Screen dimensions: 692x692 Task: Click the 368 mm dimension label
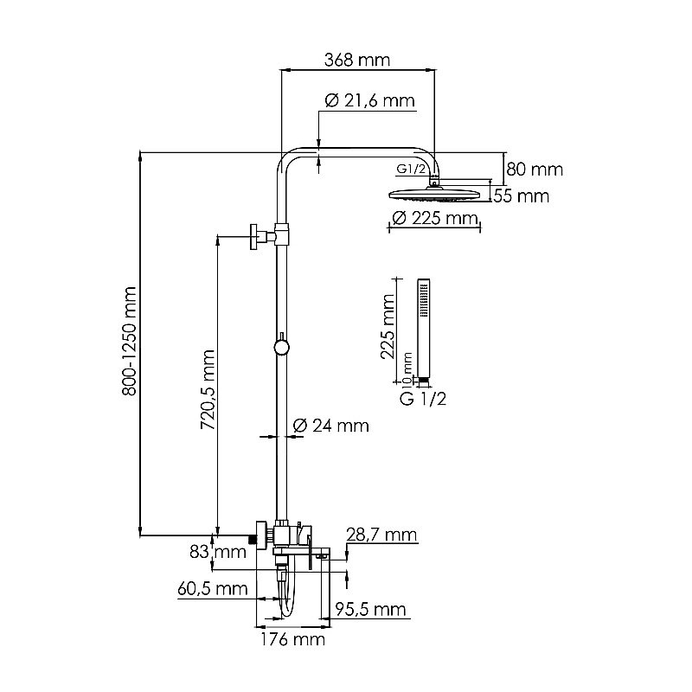(x=357, y=61)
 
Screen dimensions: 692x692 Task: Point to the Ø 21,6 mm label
(x=369, y=101)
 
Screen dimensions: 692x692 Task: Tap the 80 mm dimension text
(x=535, y=169)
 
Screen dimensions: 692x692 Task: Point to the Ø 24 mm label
(x=330, y=426)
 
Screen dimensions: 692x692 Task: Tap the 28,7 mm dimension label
(x=381, y=535)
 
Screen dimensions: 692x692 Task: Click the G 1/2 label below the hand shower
(x=423, y=399)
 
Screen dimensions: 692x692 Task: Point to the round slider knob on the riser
(x=280, y=348)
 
